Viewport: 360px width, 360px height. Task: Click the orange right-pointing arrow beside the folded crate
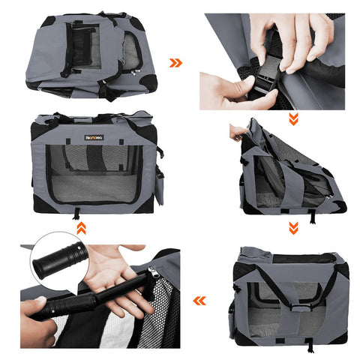coord(176,63)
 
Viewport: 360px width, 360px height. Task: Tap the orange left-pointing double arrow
coord(199,301)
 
